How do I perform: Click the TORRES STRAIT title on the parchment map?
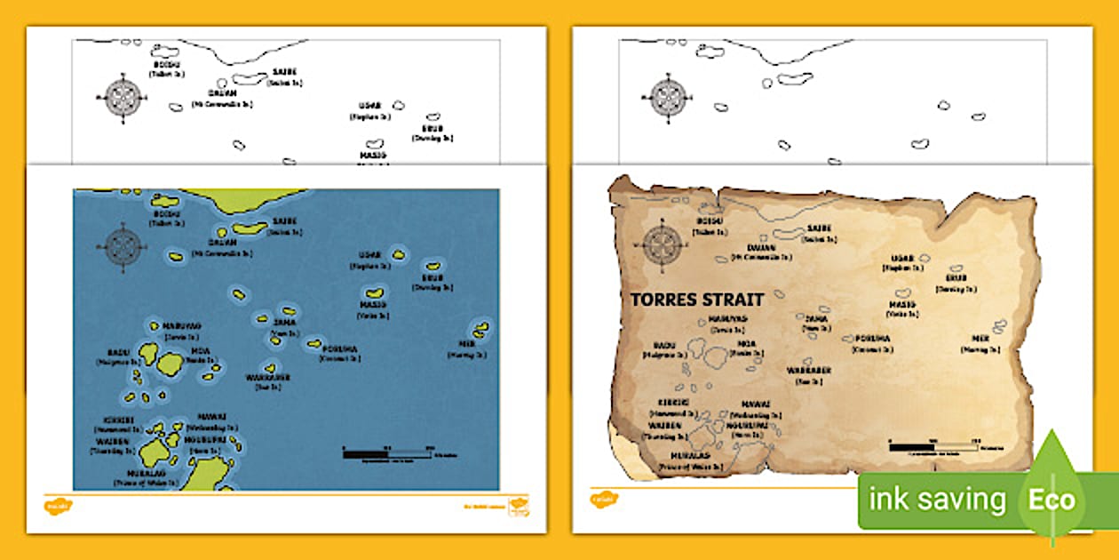pyautogui.click(x=697, y=300)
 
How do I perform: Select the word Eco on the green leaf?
pyautogui.click(x=1052, y=500)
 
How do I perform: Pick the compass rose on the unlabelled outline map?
pyautogui.click(x=669, y=97)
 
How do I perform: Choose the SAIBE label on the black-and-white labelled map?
pyautogui.click(x=285, y=71)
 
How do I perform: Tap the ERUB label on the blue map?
pyautogui.click(x=433, y=277)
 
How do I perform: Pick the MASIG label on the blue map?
pyautogui.click(x=374, y=305)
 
